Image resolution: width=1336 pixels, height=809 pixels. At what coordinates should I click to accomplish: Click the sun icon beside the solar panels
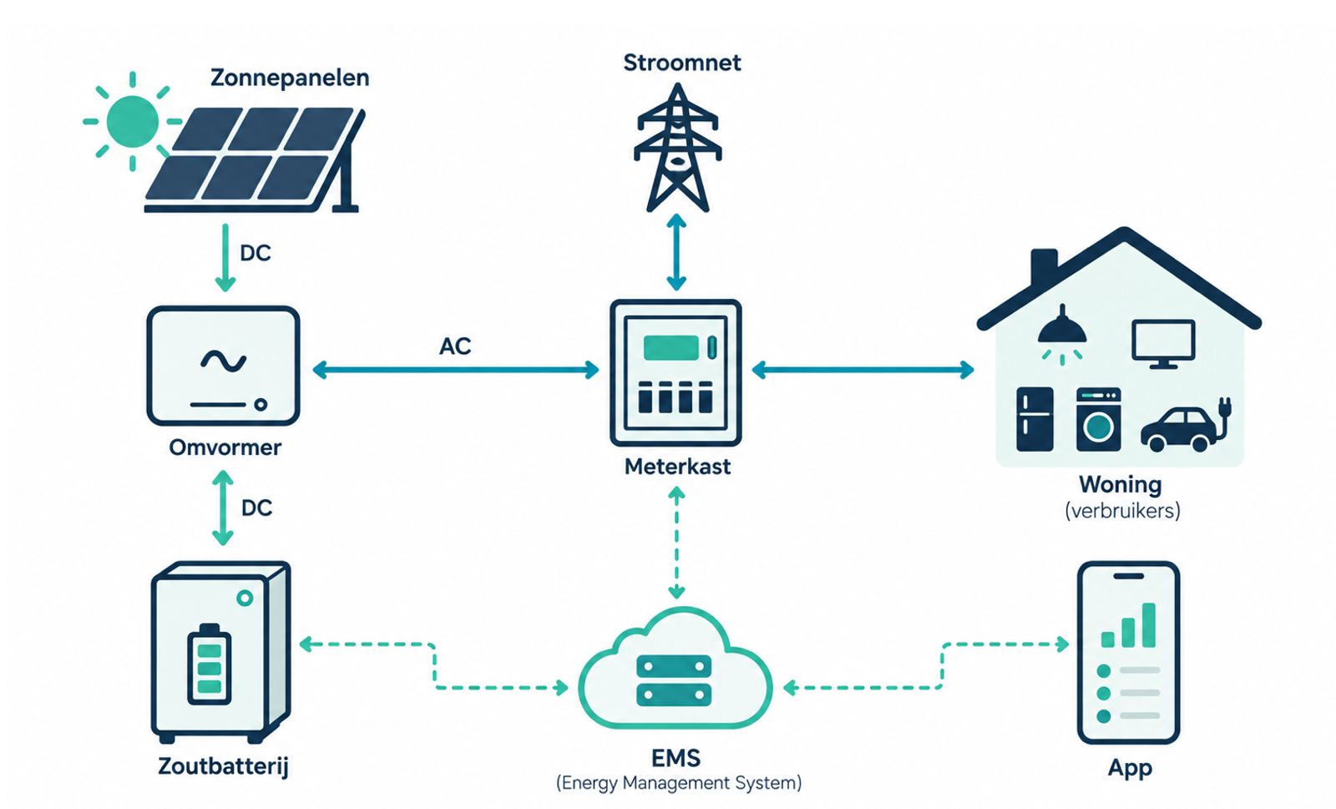coord(133,121)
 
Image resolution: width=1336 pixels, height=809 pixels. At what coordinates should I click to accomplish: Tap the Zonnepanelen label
coord(290,78)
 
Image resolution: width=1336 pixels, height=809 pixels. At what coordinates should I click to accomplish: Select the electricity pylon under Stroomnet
coord(677,147)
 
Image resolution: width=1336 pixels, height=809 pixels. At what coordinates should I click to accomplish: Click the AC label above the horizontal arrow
coord(455,346)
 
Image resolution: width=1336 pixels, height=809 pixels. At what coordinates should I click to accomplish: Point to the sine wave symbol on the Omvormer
coord(223,360)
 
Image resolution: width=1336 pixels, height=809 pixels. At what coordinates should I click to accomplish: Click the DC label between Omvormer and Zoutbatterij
coord(256,508)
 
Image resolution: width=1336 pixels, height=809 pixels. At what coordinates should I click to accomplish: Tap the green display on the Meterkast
coord(671,347)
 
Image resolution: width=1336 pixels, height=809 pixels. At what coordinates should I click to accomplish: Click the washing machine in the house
coord(1098,419)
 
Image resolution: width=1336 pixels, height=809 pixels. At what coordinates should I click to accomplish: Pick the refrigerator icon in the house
coord(1035,419)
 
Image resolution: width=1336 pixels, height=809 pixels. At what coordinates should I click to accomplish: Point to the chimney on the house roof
coord(1045,268)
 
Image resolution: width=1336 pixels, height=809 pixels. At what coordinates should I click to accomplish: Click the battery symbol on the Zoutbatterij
coord(209,664)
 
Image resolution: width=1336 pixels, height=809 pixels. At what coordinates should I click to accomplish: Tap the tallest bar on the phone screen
coord(1148,624)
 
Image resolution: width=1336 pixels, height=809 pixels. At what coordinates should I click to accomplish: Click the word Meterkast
coord(677,467)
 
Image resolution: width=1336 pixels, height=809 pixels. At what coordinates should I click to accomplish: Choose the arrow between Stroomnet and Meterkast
coord(676,252)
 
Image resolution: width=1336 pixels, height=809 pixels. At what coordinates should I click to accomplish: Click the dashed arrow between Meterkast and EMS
coord(676,543)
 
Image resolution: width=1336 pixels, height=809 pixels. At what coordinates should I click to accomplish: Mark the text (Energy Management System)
coord(678,783)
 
